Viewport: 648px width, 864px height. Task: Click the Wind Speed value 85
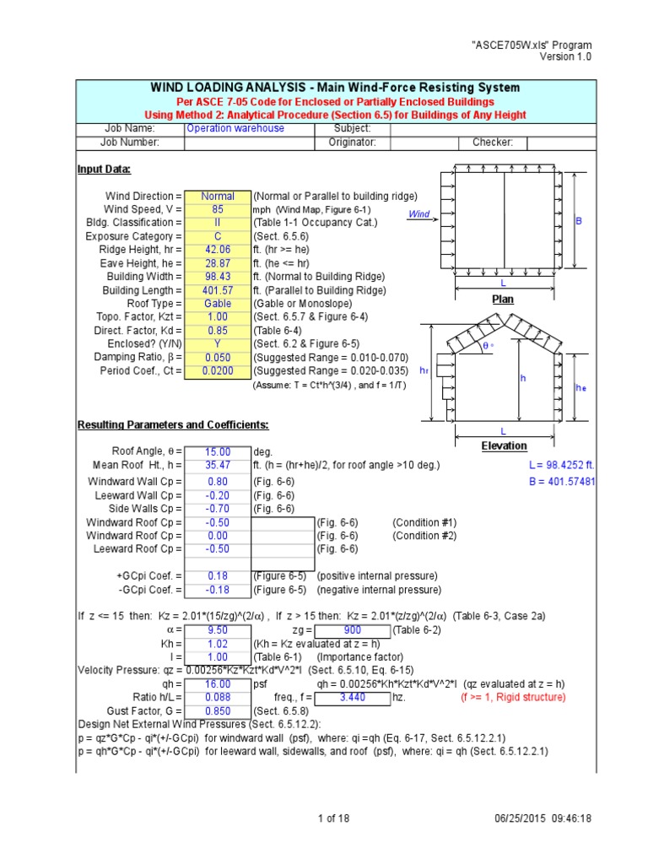point(217,209)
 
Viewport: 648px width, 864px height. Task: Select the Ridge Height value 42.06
point(217,250)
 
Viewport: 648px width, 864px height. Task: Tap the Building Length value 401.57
point(217,290)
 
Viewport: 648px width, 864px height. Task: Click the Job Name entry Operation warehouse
point(235,128)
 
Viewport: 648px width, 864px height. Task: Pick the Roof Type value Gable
point(217,304)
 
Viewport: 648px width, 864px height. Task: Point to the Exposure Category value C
point(217,236)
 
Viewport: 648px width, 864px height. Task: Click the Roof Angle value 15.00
point(217,452)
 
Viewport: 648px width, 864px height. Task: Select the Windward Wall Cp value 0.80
point(217,482)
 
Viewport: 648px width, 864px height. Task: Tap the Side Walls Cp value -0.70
point(217,509)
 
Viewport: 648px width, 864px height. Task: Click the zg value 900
point(354,629)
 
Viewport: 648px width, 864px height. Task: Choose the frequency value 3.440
point(354,698)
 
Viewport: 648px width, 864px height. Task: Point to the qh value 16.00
point(217,684)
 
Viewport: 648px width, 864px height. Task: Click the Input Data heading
point(104,170)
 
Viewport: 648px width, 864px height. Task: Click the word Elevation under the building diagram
point(504,445)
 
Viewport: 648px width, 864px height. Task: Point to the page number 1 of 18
point(335,818)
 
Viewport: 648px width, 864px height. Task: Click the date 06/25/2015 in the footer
point(523,818)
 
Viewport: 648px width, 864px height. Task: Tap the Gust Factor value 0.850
point(217,711)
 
